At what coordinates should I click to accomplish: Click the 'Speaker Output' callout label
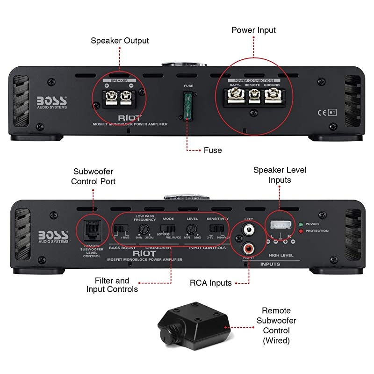click(120, 41)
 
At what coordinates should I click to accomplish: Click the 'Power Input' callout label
click(254, 30)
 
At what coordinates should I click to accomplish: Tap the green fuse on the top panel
click(188, 105)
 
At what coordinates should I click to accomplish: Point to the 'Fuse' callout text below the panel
click(213, 150)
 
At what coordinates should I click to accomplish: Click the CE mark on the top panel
click(321, 100)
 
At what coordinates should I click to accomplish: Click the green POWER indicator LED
click(301, 224)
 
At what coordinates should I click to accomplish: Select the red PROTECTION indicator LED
click(301, 231)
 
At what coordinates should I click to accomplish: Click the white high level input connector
click(279, 225)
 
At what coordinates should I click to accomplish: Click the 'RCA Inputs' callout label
click(210, 283)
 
